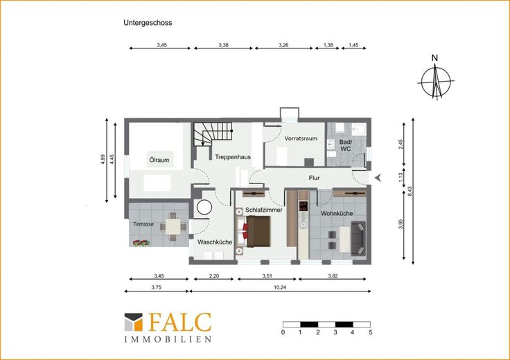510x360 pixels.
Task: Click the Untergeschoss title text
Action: coord(148,23)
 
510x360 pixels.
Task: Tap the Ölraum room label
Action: coord(159,160)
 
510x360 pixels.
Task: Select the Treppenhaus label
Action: coord(233,157)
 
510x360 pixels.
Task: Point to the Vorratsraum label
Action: coord(301,138)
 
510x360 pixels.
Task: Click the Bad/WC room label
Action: coord(345,145)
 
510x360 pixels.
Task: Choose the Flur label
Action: coord(314,178)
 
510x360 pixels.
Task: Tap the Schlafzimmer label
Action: coord(264,210)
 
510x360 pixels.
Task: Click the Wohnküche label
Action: coord(337,213)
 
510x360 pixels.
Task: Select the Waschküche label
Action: coord(215,242)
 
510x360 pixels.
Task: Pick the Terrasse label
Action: coord(143,224)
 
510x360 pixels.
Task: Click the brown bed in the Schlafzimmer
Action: coord(258,232)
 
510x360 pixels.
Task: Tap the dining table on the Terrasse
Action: coord(173,227)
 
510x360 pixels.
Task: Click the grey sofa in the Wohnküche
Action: coord(358,238)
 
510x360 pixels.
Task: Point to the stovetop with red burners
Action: coord(304,206)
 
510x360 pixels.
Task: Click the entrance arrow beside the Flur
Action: coord(378,178)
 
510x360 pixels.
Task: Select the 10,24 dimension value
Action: coord(280,287)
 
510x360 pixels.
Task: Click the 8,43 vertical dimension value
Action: coord(410,190)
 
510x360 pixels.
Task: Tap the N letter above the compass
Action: coord(434,58)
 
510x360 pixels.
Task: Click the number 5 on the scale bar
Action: coord(371,332)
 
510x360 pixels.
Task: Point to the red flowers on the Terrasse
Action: coord(141,243)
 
